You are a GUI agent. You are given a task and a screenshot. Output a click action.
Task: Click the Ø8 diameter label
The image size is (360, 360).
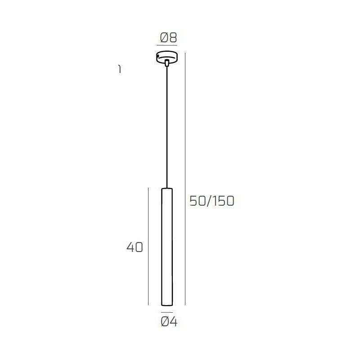(167, 38)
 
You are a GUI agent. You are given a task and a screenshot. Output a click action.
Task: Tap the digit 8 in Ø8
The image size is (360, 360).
(172, 38)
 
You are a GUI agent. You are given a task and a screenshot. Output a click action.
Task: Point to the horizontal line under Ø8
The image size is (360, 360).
(167, 45)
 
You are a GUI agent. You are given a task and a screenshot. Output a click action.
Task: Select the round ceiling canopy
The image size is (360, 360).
(167, 57)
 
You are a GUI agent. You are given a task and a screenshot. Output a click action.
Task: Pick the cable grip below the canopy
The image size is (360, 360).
(167, 63)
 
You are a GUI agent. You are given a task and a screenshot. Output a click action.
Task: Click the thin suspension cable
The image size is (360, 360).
(167, 126)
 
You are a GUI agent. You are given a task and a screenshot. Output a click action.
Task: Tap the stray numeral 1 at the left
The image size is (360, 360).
(119, 69)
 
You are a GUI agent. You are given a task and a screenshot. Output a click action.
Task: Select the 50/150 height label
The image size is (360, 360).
(212, 201)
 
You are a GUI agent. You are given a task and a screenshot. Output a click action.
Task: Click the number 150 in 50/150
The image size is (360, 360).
(224, 201)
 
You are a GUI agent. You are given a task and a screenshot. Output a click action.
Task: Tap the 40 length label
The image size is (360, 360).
(135, 247)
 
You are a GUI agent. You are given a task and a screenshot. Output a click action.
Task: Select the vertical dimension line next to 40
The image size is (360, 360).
(148, 247)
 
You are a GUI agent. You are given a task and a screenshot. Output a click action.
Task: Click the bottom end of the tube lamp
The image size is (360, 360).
(167, 304)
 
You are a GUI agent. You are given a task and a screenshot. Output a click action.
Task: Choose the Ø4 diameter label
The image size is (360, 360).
(169, 322)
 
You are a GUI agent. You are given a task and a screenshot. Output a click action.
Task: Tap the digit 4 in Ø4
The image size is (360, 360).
(174, 322)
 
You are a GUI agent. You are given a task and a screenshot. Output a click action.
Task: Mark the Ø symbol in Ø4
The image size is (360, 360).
(165, 322)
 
